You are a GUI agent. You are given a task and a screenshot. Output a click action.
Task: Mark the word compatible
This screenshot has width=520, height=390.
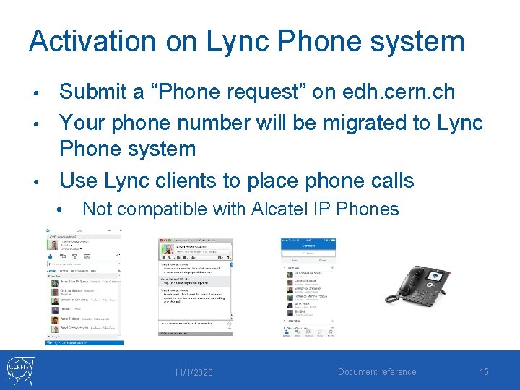pyautogui.click(x=168, y=209)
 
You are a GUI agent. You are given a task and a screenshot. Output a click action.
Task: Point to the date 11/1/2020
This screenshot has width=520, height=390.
pyautogui.click(x=193, y=372)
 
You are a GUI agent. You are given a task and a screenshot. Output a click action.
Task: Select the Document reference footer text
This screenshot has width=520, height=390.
pyautogui.click(x=377, y=372)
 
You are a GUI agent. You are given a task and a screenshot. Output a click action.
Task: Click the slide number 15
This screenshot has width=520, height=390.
pyautogui.click(x=484, y=371)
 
